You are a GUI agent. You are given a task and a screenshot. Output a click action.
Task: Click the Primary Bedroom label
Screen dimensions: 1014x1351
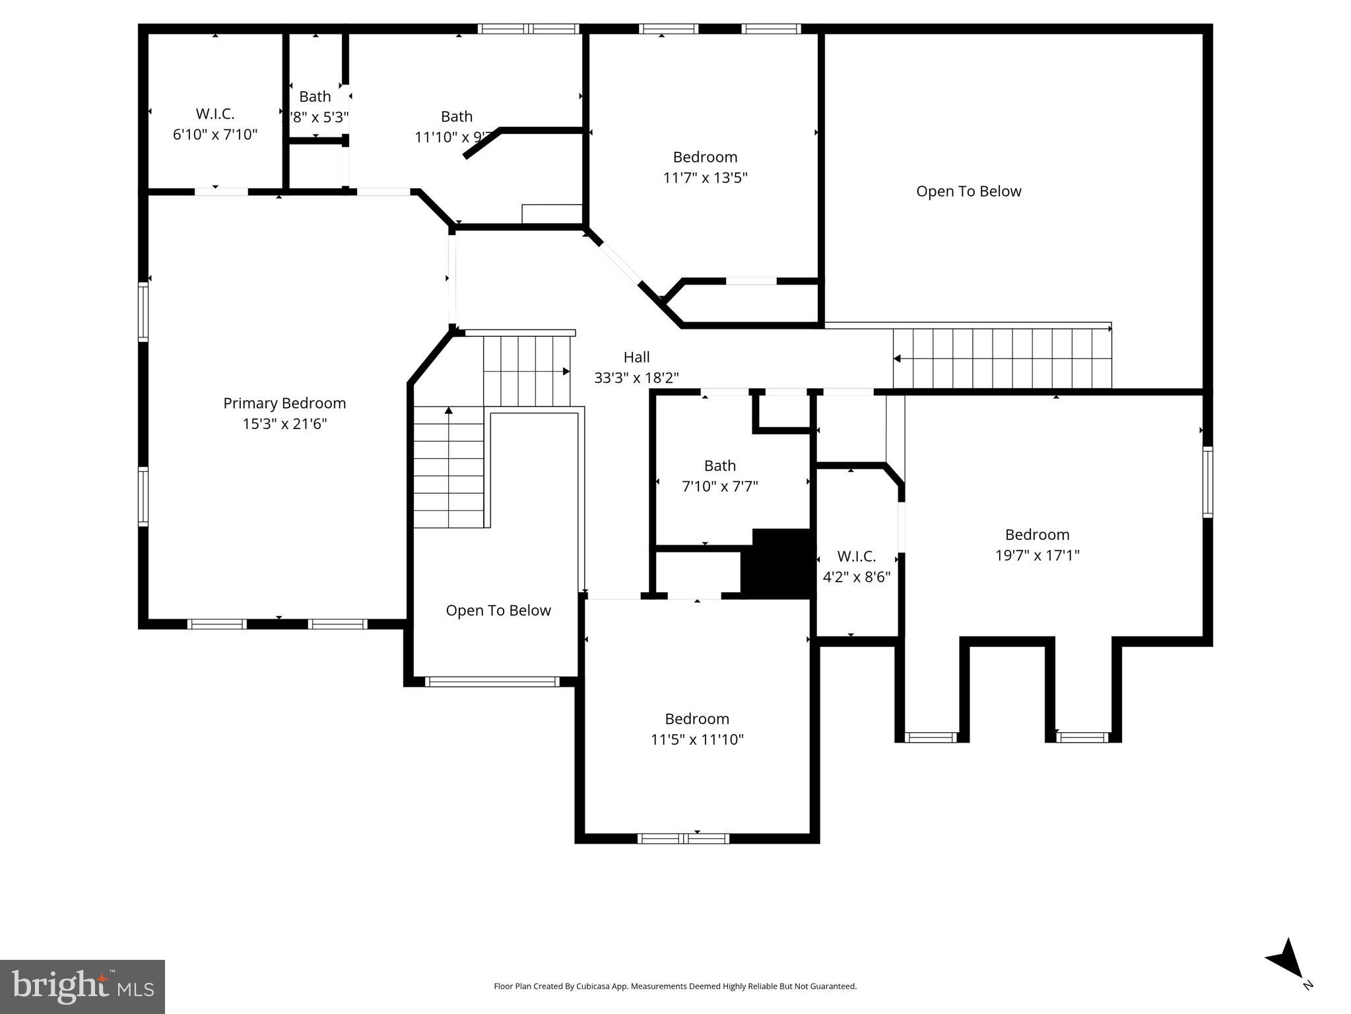[284, 403]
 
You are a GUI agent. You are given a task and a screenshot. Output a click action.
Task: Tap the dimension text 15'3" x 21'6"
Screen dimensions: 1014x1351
[284, 424]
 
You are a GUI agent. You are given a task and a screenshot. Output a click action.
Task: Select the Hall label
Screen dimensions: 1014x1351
[636, 357]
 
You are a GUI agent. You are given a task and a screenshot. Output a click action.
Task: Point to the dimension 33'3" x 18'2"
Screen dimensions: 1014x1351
[636, 378]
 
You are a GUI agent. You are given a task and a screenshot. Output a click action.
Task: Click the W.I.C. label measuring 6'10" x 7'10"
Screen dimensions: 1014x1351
[214, 114]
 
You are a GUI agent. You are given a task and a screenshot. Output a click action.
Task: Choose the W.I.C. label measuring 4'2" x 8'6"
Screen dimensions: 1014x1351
[856, 556]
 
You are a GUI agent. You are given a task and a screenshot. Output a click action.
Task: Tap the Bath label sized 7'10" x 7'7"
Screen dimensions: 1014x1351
[719, 465]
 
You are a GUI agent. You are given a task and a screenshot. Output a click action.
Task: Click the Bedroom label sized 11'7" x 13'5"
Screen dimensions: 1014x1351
[705, 157]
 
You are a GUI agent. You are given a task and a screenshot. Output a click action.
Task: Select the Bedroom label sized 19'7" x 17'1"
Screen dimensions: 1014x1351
[1037, 534]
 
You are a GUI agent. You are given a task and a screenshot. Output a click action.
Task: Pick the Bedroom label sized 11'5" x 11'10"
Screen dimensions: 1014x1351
[696, 718]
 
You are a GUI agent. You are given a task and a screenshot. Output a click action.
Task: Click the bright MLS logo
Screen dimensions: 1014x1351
[82, 986]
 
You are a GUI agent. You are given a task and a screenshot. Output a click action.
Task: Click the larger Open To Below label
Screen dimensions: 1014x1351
[968, 191]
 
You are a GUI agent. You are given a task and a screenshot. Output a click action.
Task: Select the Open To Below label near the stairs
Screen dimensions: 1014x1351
[498, 611]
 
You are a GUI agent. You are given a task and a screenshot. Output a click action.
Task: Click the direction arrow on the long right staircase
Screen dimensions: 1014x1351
[897, 358]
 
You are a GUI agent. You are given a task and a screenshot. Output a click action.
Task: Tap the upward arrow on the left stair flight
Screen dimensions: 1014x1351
[449, 411]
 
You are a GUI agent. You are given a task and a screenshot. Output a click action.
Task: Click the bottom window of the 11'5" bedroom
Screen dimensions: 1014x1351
[683, 838]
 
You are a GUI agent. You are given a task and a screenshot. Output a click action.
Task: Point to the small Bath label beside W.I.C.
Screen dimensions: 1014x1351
[315, 96]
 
